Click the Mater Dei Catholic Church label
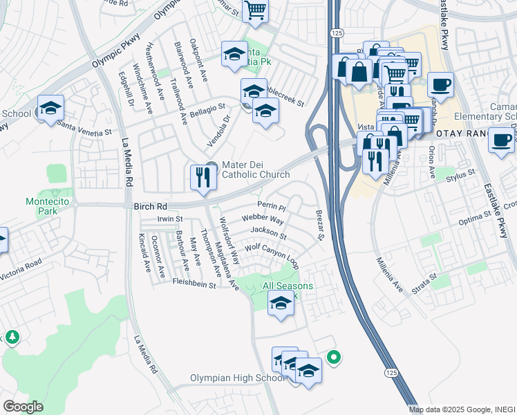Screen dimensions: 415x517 coord(256,170)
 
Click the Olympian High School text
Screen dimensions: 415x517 coord(236,378)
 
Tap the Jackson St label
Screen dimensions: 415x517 coord(268,232)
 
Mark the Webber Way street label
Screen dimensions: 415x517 coord(263,219)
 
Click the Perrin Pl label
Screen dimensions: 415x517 coord(271,207)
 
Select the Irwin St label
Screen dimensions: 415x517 coord(169,219)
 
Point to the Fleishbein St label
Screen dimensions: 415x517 coord(194,284)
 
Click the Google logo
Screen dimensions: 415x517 coord(23,406)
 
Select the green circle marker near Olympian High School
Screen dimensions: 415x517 coord(333,358)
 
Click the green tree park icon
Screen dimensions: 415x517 coord(12,338)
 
